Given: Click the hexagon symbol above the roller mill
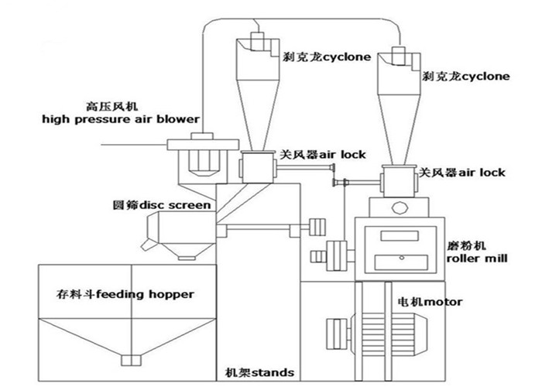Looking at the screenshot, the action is click(x=400, y=208).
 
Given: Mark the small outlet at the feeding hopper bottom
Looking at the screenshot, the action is click(x=132, y=360).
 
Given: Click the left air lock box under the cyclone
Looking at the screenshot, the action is click(x=258, y=168).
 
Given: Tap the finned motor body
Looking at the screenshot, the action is click(x=389, y=334).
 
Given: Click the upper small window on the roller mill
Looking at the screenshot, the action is click(x=400, y=235).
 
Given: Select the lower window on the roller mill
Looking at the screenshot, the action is click(x=401, y=262).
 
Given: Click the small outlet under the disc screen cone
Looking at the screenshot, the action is click(x=187, y=258).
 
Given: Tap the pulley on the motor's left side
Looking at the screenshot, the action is click(x=337, y=334).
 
